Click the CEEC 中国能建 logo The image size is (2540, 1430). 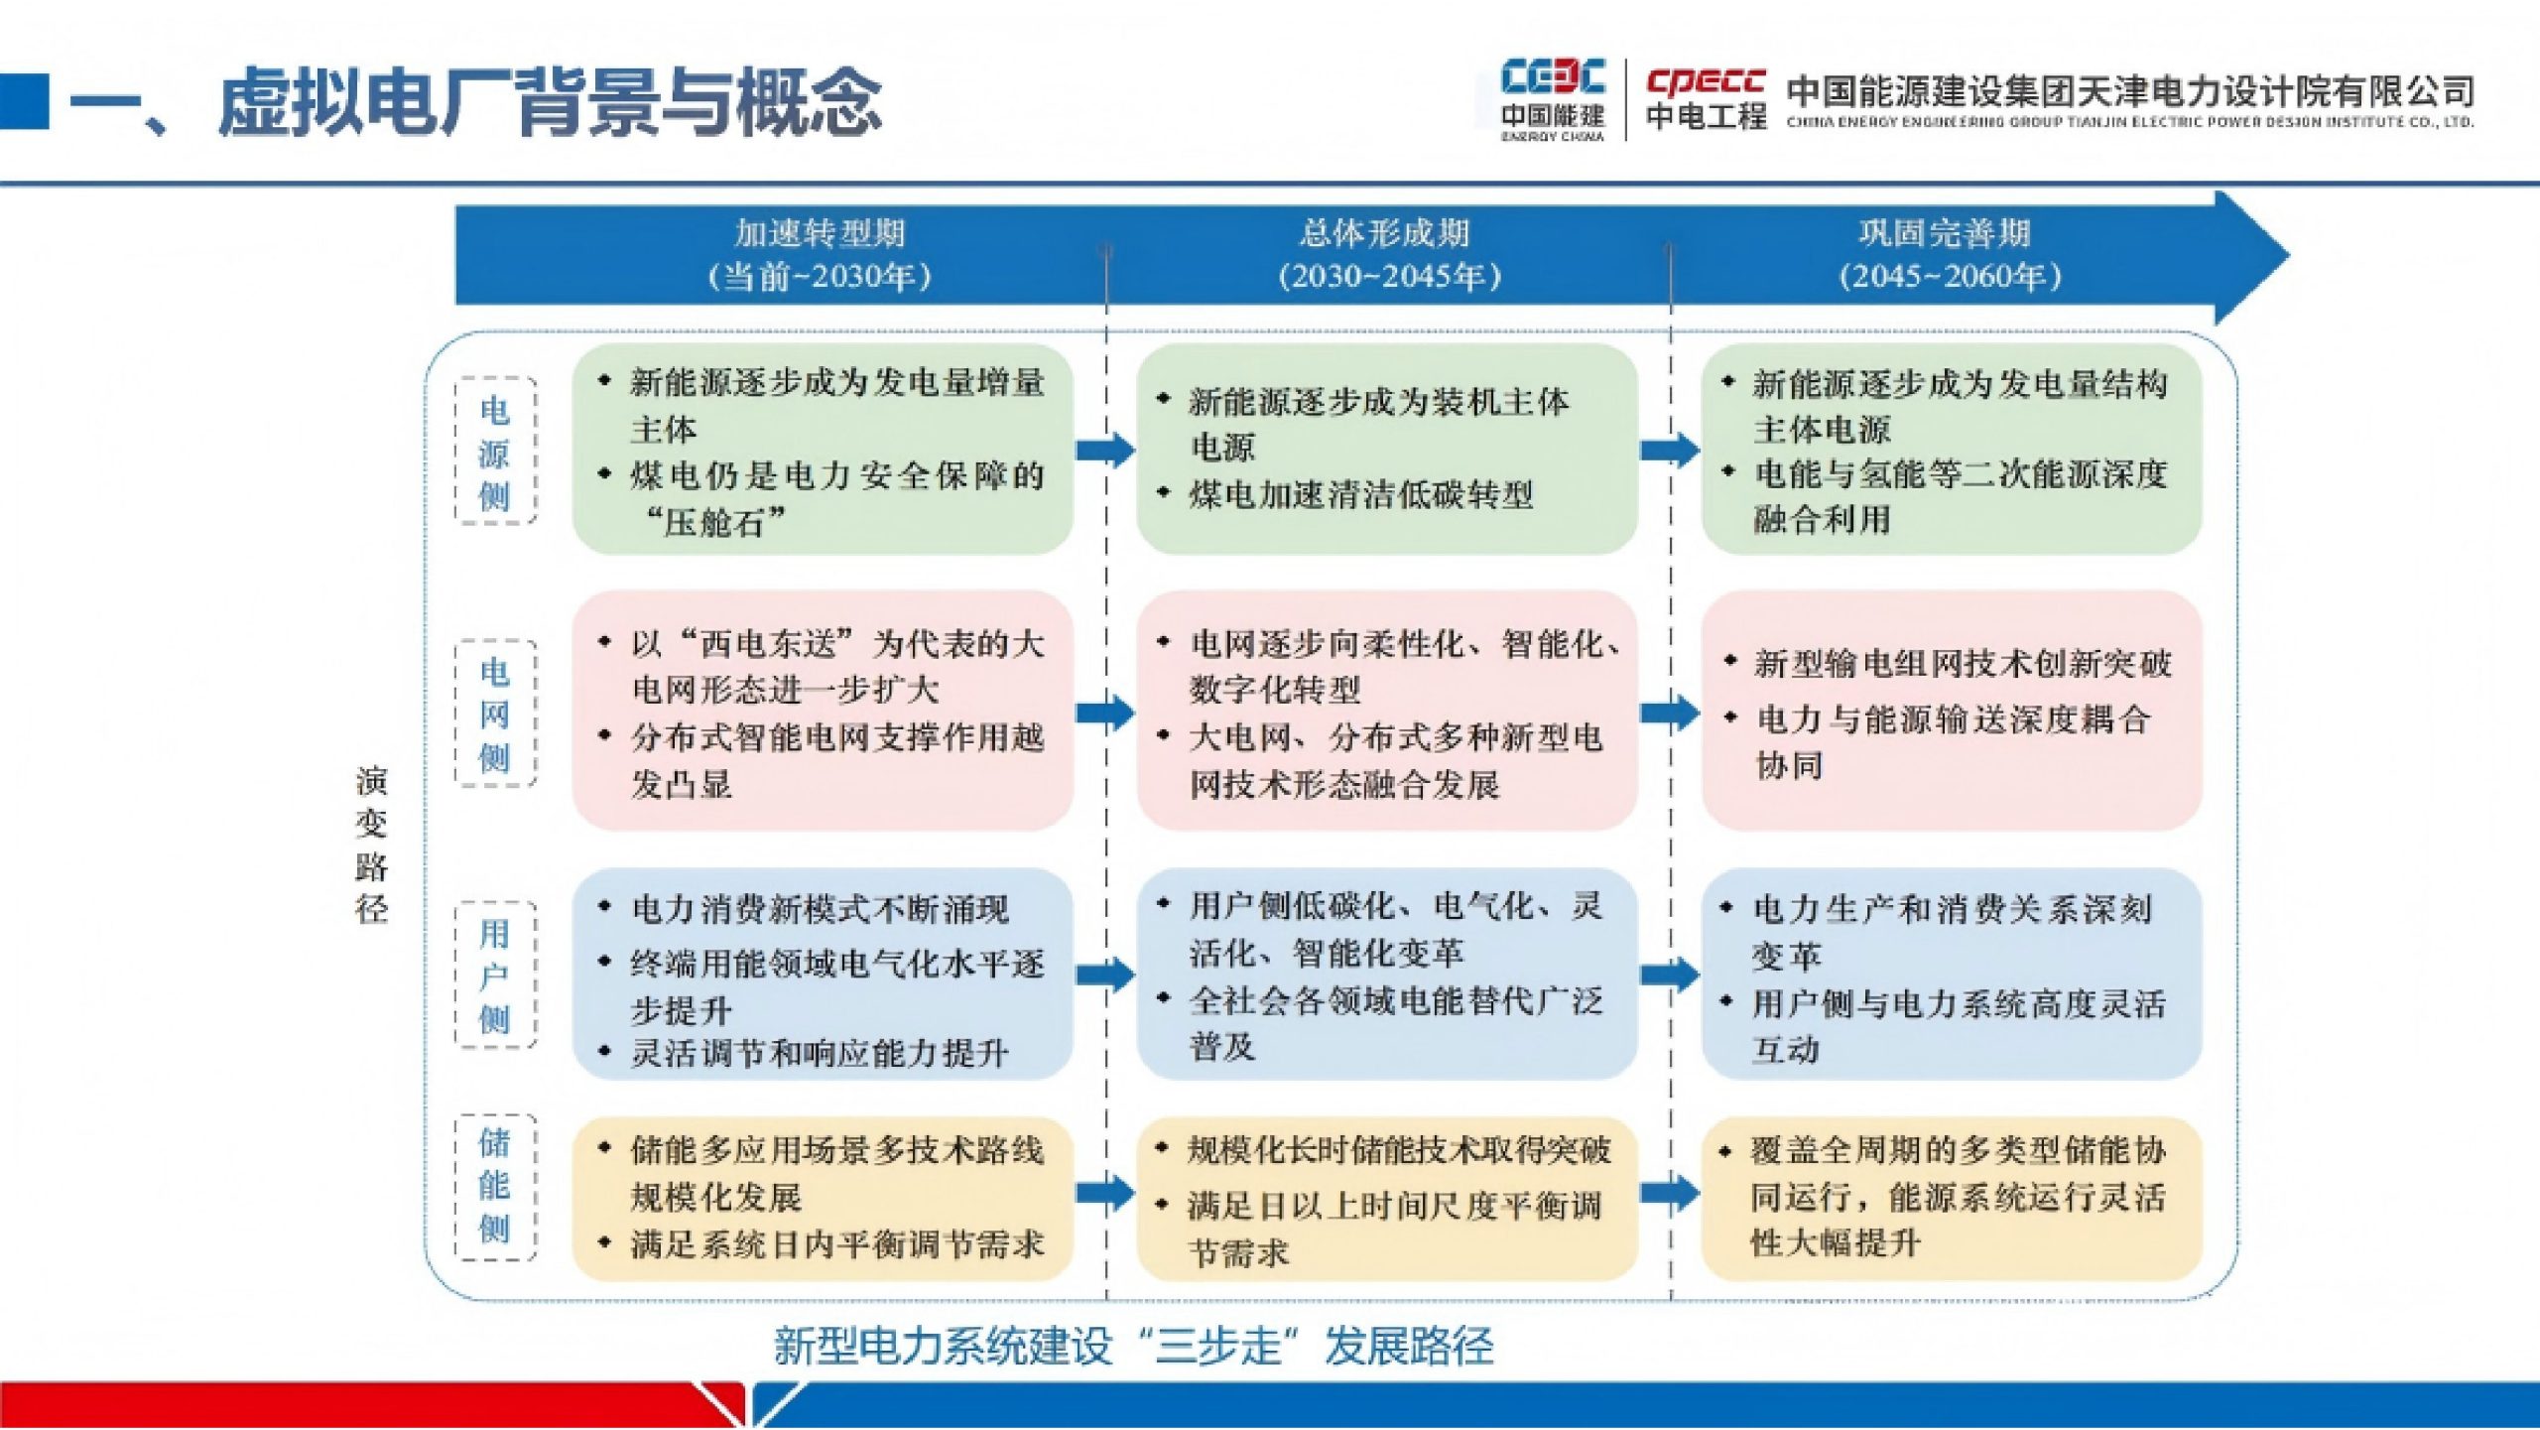coord(1552,99)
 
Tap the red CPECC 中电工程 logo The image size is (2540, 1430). coord(1706,99)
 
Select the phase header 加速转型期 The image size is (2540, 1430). coord(820,234)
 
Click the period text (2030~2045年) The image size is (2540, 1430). coord(1389,277)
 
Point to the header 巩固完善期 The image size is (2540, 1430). coord(1945,234)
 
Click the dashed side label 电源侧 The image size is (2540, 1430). coord(495,452)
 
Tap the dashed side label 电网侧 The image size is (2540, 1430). coord(495,714)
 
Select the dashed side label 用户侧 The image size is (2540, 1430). coord(495,975)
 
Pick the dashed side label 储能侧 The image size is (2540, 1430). coord(495,1186)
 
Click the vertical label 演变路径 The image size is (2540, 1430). coord(372,845)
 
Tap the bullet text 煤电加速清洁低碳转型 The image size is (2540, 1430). coord(1360,494)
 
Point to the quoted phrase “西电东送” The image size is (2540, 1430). coord(768,644)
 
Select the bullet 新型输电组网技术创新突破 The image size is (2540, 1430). coord(1962,663)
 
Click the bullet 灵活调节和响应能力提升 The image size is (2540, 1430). coord(820,1053)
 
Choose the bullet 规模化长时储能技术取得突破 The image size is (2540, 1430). coord(1398,1150)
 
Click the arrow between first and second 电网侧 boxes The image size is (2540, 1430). coord(1104,712)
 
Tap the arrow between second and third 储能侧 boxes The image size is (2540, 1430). coord(1669,1191)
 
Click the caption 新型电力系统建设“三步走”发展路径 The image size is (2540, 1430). coord(1133,1347)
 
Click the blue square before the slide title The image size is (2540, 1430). coord(23,100)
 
